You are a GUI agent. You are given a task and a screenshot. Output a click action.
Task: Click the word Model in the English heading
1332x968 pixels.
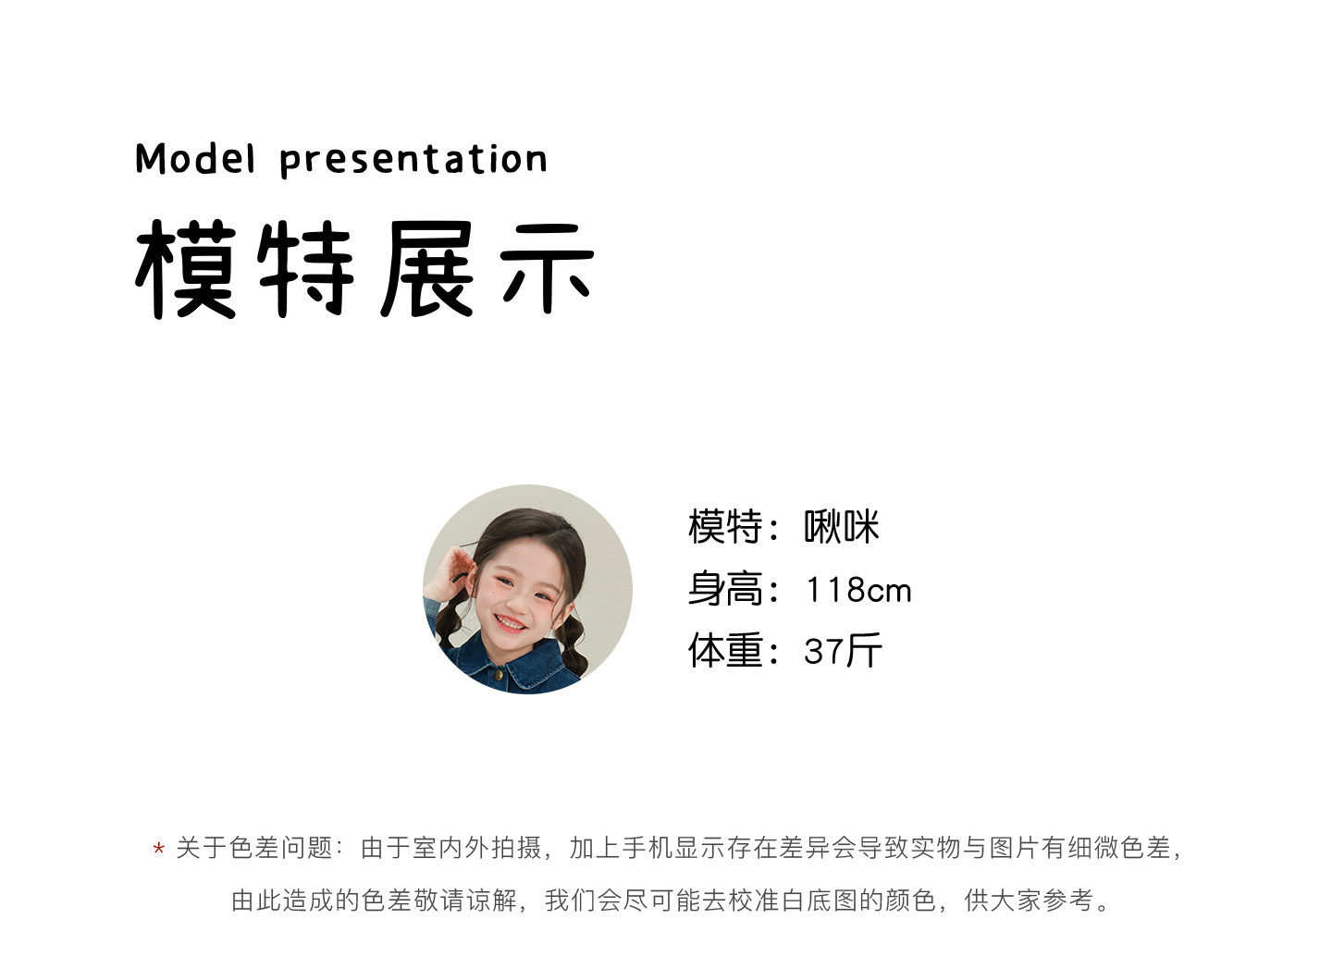[x=196, y=159]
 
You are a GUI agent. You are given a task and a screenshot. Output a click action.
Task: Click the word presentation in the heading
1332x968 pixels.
[x=413, y=160]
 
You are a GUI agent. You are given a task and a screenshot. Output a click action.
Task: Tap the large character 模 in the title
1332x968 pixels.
[x=187, y=269]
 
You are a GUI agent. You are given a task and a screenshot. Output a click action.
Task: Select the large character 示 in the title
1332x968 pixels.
[x=547, y=269]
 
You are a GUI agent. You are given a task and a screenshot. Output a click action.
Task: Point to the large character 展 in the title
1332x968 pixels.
[x=427, y=269]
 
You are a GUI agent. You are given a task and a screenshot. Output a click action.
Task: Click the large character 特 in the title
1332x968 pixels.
[x=306, y=269]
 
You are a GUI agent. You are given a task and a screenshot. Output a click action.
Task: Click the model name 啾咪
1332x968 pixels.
[x=841, y=526]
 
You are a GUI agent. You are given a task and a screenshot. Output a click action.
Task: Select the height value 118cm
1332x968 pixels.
[x=858, y=590]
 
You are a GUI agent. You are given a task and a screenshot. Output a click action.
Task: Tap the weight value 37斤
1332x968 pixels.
[x=843, y=651]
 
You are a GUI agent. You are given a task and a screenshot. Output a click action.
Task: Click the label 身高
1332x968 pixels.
[x=725, y=589]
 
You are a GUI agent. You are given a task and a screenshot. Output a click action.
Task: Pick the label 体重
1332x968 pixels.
[x=725, y=650]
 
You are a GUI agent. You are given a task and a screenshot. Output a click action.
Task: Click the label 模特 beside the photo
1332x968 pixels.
[x=725, y=526]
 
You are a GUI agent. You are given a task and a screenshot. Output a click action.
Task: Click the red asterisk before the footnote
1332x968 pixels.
[x=158, y=848]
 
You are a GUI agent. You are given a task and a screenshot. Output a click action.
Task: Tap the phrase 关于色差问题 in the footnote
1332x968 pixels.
[x=253, y=848]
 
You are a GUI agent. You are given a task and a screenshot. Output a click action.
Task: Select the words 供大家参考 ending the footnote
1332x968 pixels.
[x=1029, y=901]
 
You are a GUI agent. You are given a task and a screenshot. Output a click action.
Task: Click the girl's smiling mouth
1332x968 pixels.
[x=511, y=623]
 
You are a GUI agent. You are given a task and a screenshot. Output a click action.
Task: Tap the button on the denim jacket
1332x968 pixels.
[x=499, y=675]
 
